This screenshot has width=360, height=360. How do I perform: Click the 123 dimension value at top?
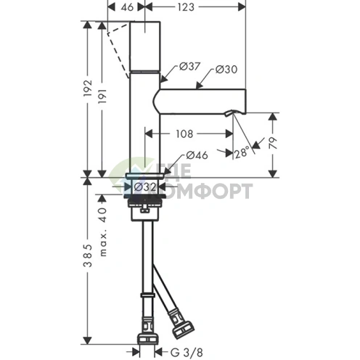(186, 7)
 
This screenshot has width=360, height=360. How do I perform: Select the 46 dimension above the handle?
(127, 7)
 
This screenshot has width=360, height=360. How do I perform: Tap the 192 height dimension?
(88, 88)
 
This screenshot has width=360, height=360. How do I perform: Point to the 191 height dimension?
(102, 96)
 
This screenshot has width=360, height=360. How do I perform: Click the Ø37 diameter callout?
(189, 66)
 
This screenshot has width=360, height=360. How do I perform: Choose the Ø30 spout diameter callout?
(226, 70)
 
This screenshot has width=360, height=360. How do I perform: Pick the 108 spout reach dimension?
(184, 134)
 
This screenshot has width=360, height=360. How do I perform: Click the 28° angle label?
(242, 152)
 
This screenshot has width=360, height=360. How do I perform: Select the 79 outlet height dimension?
(273, 143)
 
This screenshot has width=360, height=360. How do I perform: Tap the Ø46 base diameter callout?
(197, 155)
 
